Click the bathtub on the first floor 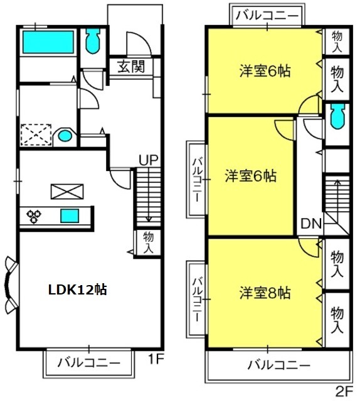(x=48, y=42)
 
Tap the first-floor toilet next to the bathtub (x=92, y=40)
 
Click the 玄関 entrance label (x=131, y=66)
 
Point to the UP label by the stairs (x=149, y=160)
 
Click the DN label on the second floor (x=310, y=224)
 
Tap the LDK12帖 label (x=78, y=290)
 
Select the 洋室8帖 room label (x=265, y=293)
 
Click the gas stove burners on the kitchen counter (x=34, y=216)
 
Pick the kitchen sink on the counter (x=70, y=216)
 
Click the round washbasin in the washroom (x=65, y=136)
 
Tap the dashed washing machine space (x=36, y=135)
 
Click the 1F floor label (x=156, y=360)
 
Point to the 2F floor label (x=344, y=390)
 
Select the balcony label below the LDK (x=89, y=363)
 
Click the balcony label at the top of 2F (x=267, y=15)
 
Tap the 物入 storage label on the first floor (x=148, y=242)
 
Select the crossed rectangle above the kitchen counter (x=67, y=192)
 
